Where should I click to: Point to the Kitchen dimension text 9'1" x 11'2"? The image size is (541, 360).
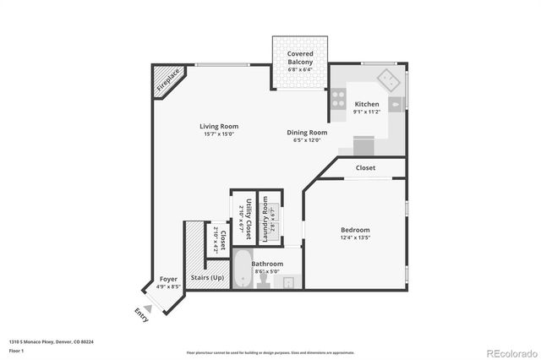[367, 112]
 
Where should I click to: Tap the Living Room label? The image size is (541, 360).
[218, 127]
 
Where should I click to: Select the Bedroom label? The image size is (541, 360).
[355, 230]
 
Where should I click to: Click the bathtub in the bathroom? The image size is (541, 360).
[243, 270]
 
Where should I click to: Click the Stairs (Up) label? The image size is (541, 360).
[208, 276]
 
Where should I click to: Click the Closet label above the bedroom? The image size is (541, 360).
[365, 168]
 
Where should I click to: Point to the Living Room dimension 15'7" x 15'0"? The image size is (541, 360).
[218, 134]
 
